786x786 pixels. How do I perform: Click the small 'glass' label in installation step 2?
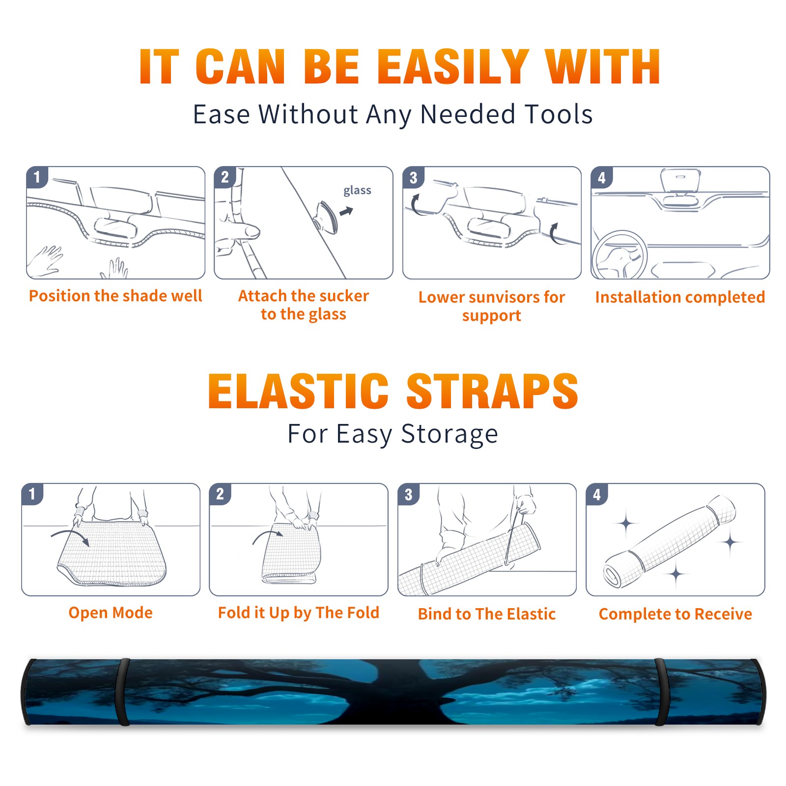pos(357,191)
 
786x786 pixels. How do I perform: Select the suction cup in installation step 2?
pos(326,217)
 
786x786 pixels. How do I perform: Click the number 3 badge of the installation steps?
pos(414,178)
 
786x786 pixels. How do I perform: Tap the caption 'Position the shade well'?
pos(115,296)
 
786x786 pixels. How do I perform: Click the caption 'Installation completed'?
pos(680,297)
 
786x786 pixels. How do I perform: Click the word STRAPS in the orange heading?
pos(492,391)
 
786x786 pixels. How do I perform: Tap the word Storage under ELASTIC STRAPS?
pos(449,434)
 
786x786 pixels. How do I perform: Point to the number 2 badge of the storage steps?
pos(220,494)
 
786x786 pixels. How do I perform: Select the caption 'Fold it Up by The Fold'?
pos(299,613)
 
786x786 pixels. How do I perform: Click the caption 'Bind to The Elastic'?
pos(487,614)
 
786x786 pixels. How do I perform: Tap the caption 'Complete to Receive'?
pos(675,614)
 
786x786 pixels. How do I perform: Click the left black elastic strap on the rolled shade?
pos(123,692)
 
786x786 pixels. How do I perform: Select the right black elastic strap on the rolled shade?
pos(661,692)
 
